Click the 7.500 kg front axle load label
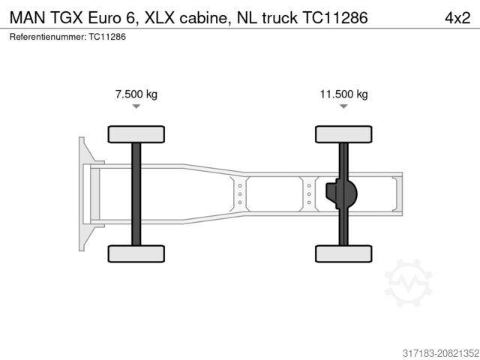[x=136, y=94]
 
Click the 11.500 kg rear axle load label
[x=343, y=94]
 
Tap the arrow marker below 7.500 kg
[x=136, y=107]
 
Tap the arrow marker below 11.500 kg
[x=343, y=107]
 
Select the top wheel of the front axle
[x=136, y=134]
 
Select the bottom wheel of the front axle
[x=136, y=253]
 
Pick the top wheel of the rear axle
[x=343, y=134]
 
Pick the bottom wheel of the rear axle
[x=343, y=253]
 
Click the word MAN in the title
[x=28, y=18]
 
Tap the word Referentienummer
[x=47, y=36]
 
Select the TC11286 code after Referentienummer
[x=106, y=36]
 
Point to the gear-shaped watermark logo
[x=408, y=283]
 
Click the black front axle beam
[x=136, y=193]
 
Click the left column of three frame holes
[x=239, y=193]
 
